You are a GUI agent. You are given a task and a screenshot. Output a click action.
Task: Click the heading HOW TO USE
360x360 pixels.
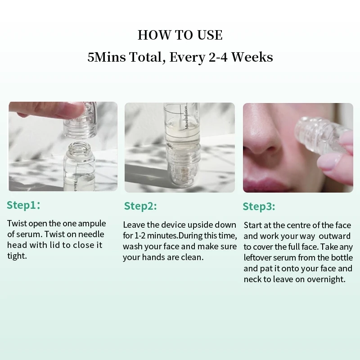[x=180, y=35]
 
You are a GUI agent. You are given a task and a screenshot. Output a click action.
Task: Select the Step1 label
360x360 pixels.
[x=23, y=205]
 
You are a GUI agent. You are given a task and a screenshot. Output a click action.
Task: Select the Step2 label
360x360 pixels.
[x=140, y=206]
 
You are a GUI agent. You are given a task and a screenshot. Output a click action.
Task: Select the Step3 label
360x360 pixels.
[x=259, y=207]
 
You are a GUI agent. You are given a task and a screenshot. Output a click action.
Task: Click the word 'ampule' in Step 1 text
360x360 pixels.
[x=92, y=224]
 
